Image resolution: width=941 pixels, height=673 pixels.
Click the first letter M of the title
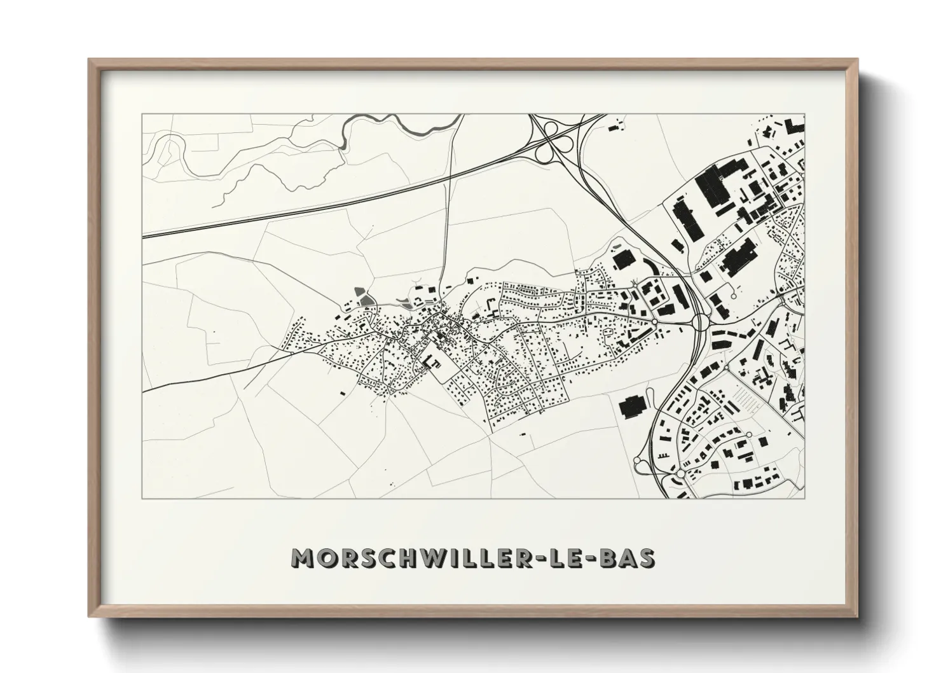click(x=301, y=559)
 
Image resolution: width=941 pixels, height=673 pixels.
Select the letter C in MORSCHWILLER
click(x=390, y=559)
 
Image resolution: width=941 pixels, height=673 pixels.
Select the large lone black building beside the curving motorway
click(x=632, y=406)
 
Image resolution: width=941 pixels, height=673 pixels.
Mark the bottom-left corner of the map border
click(x=142, y=498)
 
